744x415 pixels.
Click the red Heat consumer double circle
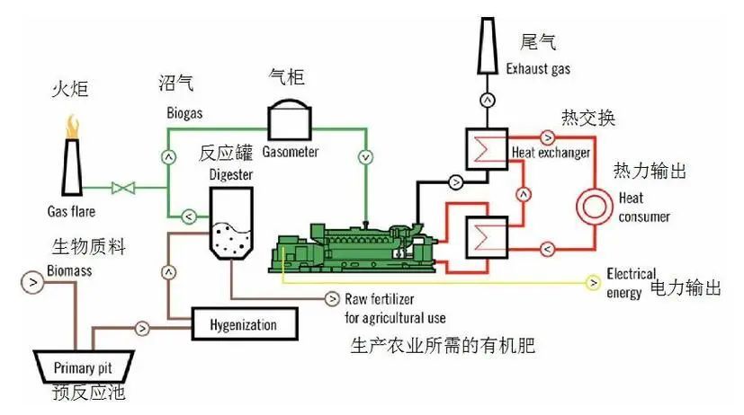point(593,204)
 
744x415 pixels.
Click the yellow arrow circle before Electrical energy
point(593,284)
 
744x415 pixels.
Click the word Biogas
point(184,115)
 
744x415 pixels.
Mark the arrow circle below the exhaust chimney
point(487,98)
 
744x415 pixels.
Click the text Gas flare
point(71,212)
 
